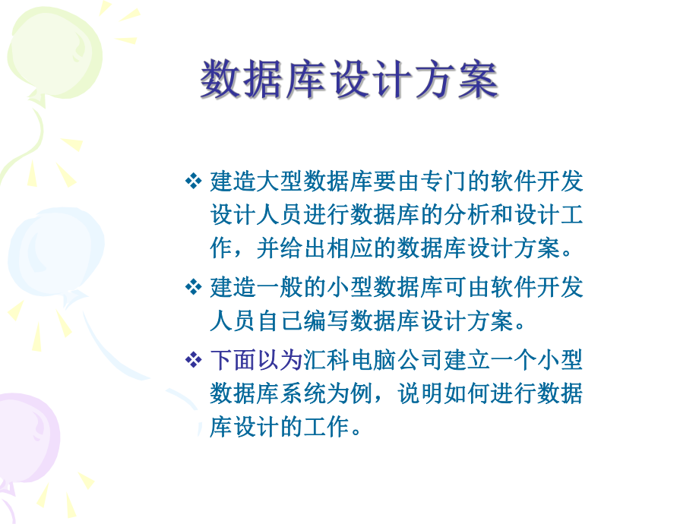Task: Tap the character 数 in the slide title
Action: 221,80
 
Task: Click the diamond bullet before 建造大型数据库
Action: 192,182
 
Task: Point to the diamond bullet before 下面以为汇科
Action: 192,358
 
